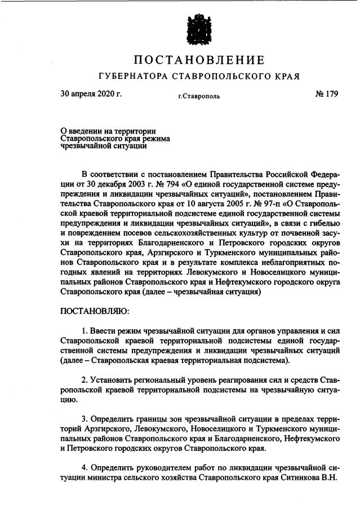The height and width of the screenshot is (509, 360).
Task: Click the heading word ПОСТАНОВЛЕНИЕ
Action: [199, 60]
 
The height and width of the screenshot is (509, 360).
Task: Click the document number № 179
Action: [325, 94]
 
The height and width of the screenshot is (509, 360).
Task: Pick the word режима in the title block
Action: [157, 138]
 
